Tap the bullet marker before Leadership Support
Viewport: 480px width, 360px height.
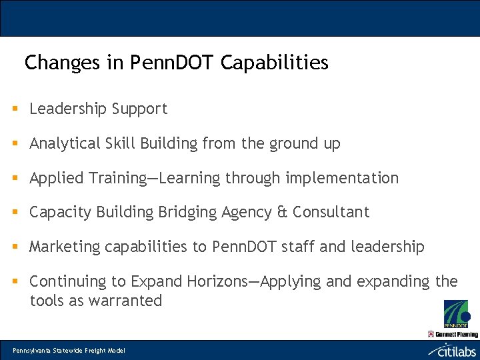(x=15, y=109)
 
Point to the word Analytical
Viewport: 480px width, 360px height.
(x=65, y=143)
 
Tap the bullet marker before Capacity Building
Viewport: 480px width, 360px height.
(x=15, y=213)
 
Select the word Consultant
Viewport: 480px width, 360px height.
(x=331, y=213)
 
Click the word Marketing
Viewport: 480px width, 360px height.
(x=63, y=247)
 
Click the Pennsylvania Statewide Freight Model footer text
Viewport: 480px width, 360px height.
(x=69, y=351)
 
